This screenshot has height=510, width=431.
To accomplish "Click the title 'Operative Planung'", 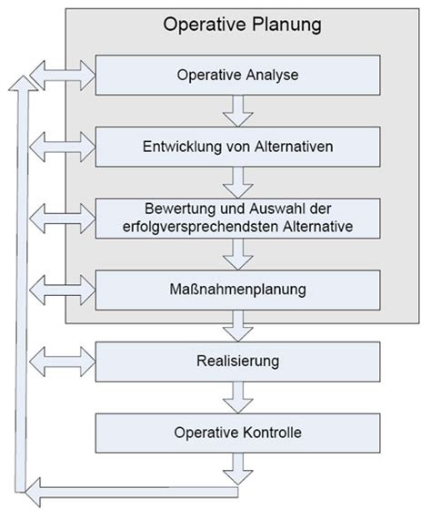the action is coord(242,25).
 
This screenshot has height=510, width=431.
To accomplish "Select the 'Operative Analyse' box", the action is coord(237,75).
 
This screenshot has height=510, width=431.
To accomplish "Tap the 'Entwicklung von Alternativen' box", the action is coord(237,147).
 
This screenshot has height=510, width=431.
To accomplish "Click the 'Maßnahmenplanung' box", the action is coord(237,291).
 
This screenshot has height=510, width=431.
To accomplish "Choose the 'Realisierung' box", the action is coord(237,362).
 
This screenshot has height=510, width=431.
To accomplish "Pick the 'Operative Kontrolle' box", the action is coord(237,433).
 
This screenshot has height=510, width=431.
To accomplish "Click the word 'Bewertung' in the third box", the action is coord(180,209).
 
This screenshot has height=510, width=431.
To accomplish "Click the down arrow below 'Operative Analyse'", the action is coord(238,111).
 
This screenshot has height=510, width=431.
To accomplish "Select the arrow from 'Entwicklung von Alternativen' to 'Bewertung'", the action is coord(238,182).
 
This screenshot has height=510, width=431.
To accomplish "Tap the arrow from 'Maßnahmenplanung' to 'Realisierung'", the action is coord(238,326).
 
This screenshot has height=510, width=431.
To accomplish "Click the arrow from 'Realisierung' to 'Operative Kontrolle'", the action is coord(238,397).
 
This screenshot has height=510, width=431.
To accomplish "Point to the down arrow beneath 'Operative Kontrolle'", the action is coord(238,469).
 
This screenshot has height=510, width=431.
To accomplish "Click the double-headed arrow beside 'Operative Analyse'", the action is coord(63,75).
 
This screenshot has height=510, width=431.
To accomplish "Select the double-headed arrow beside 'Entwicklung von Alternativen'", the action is coord(63,147).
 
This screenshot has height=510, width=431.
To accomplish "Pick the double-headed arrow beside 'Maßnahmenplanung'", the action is coord(63,291).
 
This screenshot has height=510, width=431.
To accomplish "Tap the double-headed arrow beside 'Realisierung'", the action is coord(63,362).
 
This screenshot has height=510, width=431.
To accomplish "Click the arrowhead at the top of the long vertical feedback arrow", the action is coord(23,84).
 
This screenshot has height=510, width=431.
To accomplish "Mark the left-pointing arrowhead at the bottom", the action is coord(33,492).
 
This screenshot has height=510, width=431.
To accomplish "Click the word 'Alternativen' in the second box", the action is coord(294,147).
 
